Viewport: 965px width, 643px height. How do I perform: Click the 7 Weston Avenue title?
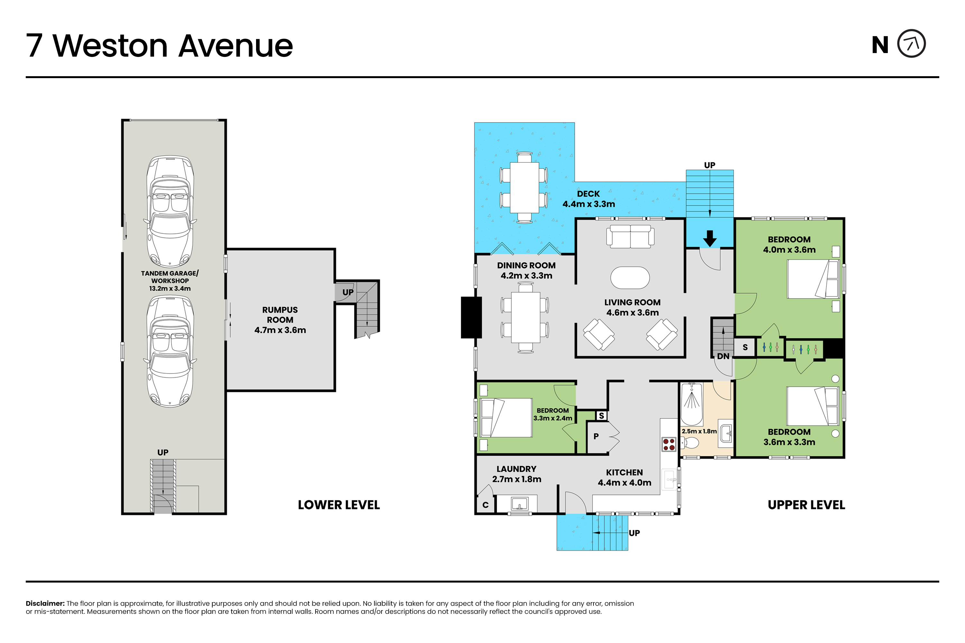click(x=160, y=46)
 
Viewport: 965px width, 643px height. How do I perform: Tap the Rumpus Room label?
click(x=280, y=320)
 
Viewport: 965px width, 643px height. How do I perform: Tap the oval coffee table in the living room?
click(x=630, y=278)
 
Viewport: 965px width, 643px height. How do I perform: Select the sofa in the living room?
click(x=630, y=236)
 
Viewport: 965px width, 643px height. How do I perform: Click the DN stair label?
click(x=723, y=356)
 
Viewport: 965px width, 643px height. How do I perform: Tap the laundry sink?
click(x=519, y=503)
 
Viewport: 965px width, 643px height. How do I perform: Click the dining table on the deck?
click(x=524, y=188)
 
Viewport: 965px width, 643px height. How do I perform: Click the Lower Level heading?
click(x=339, y=505)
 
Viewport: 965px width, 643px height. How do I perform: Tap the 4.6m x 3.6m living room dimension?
click(x=632, y=312)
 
